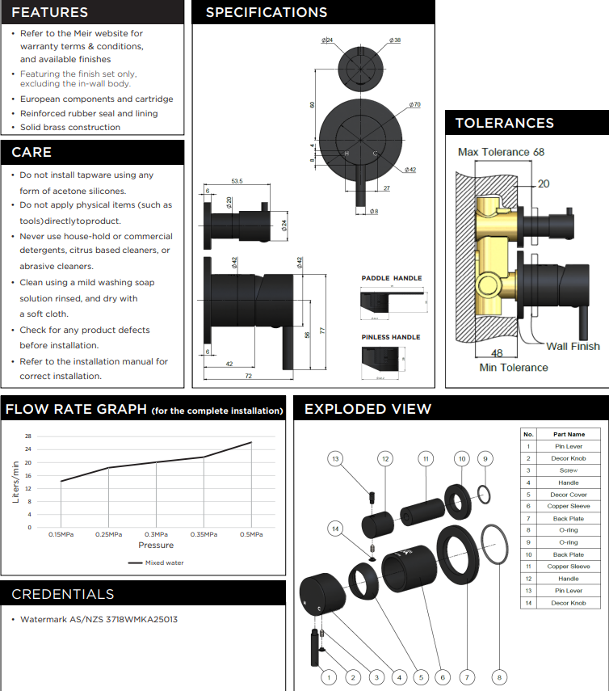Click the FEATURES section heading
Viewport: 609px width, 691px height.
[x=50, y=12]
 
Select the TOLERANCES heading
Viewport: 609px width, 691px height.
[x=505, y=123]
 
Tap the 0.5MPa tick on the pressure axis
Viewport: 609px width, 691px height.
[x=251, y=535]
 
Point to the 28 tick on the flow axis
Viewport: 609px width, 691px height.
[x=28, y=436]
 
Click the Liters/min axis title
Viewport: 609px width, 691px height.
[x=15, y=482]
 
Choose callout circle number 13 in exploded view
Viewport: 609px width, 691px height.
[x=336, y=459]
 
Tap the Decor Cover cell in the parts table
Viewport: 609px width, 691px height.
[x=569, y=495]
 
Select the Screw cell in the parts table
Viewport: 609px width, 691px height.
[x=569, y=470]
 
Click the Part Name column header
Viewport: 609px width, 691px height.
[x=569, y=434]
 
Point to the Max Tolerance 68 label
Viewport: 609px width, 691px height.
[x=501, y=152]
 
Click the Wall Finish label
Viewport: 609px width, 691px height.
[x=573, y=346]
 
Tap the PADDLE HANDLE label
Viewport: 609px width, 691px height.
[x=391, y=278]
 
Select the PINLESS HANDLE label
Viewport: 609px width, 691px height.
[x=391, y=337]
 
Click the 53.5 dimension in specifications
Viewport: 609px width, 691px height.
[x=237, y=181]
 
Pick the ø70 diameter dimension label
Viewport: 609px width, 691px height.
[x=414, y=105]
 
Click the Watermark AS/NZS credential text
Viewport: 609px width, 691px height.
[x=99, y=619]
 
